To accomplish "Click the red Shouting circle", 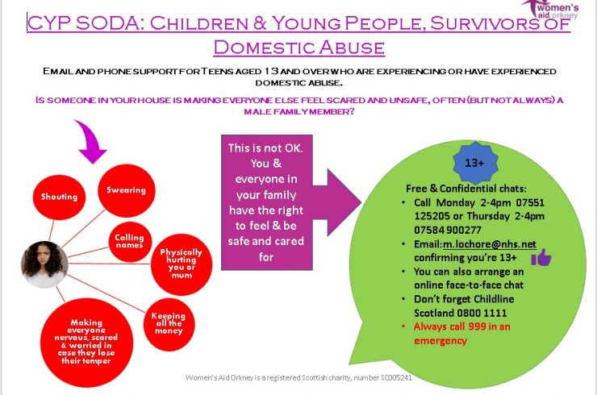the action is [x=59, y=197].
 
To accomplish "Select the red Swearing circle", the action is [x=127, y=190].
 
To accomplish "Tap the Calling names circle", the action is [x=130, y=241].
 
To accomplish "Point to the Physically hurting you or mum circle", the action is [x=182, y=264].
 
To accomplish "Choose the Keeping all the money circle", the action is [x=169, y=324].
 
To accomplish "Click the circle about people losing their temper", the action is [x=86, y=342].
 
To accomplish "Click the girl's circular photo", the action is [x=44, y=264].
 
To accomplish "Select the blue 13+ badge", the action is [x=475, y=163].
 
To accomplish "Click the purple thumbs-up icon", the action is [x=541, y=258].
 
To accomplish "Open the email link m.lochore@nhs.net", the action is [x=489, y=244].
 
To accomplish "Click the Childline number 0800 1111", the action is [x=482, y=314].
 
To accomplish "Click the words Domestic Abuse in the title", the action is [x=298, y=48].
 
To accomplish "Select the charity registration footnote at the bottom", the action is [x=298, y=378].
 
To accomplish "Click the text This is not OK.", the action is [x=265, y=148].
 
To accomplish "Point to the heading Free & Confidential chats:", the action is [x=466, y=189].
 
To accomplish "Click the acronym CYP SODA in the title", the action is [x=81, y=23].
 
